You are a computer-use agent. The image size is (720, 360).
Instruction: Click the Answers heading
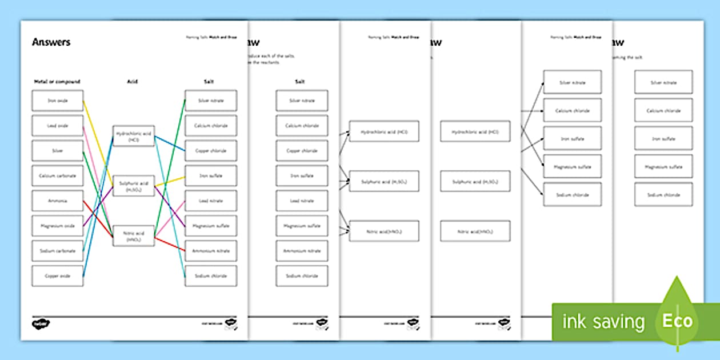coord(51,42)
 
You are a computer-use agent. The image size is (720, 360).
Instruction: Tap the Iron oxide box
coord(57,101)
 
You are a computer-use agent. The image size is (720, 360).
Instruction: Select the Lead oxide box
coord(57,126)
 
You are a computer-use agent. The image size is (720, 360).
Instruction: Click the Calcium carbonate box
coord(57,175)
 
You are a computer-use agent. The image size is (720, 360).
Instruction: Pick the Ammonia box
coord(57,201)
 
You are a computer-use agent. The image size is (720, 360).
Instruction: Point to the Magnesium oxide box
coord(57,226)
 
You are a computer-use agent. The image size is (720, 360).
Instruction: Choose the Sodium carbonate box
coord(57,251)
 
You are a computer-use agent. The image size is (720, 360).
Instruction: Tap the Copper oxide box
coord(57,276)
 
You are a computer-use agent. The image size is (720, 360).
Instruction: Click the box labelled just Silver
coord(57,151)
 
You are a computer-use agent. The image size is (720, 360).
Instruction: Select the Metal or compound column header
coord(57,82)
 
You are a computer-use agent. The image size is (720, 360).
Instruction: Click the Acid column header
coord(132,82)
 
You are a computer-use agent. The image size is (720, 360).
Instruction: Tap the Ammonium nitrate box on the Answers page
coord(211,251)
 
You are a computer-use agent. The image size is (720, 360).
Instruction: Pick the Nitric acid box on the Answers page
coord(134,236)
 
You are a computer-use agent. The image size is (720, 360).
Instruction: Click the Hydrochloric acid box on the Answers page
coord(134,136)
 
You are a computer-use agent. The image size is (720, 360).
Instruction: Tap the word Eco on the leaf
coord(677,321)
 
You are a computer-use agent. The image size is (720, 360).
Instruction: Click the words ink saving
coord(603,322)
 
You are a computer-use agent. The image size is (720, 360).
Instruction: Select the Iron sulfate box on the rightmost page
coord(663,138)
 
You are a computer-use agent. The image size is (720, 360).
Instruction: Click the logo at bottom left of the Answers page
coord(41,323)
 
